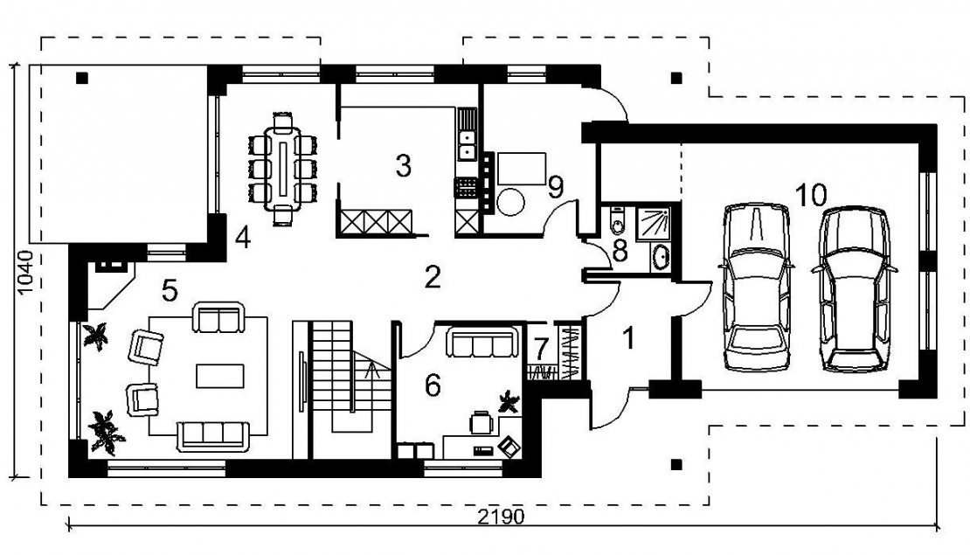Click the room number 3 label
coord(403,166)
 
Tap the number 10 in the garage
coord(811,195)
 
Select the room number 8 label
coord(620,251)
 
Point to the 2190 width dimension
coord(501,516)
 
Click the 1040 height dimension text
coord(25,272)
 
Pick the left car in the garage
coord(756,287)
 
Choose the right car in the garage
coord(855,289)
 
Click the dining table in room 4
coord(283,167)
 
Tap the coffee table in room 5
coord(219,376)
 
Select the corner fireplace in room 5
coord(108,283)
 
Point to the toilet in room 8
coord(617,221)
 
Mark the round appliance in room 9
coord(511,202)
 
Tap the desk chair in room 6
coord(481,424)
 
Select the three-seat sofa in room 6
coord(482,343)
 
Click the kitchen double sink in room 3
coord(466,143)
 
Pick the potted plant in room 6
coord(509,401)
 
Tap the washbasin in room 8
coord(661,257)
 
